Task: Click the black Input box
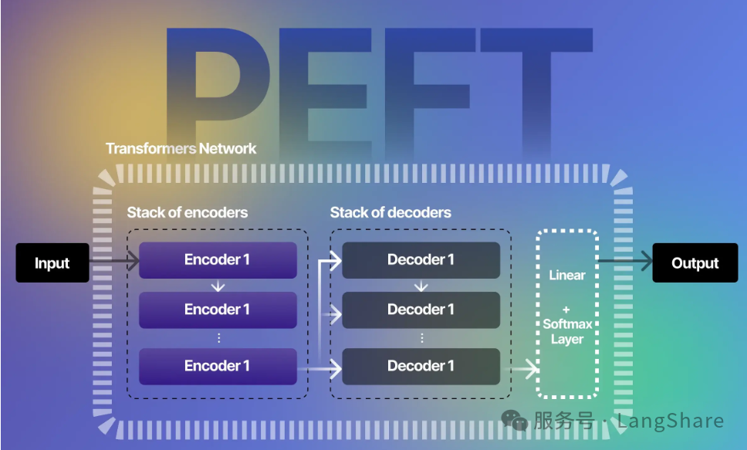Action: (x=52, y=263)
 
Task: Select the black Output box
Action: (x=695, y=263)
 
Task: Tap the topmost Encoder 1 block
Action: (x=218, y=260)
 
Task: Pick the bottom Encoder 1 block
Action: (x=218, y=366)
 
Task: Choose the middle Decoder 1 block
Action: (x=421, y=310)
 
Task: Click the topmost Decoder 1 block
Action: (x=421, y=260)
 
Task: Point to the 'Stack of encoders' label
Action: (x=188, y=212)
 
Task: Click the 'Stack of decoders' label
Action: (x=390, y=212)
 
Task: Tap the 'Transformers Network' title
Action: (x=181, y=148)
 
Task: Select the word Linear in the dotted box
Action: (x=567, y=276)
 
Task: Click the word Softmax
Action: (x=567, y=324)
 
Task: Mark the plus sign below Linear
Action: (x=567, y=310)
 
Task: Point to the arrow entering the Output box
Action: (x=625, y=263)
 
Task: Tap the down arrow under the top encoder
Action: (x=218, y=286)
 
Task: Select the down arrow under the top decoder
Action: (x=421, y=286)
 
